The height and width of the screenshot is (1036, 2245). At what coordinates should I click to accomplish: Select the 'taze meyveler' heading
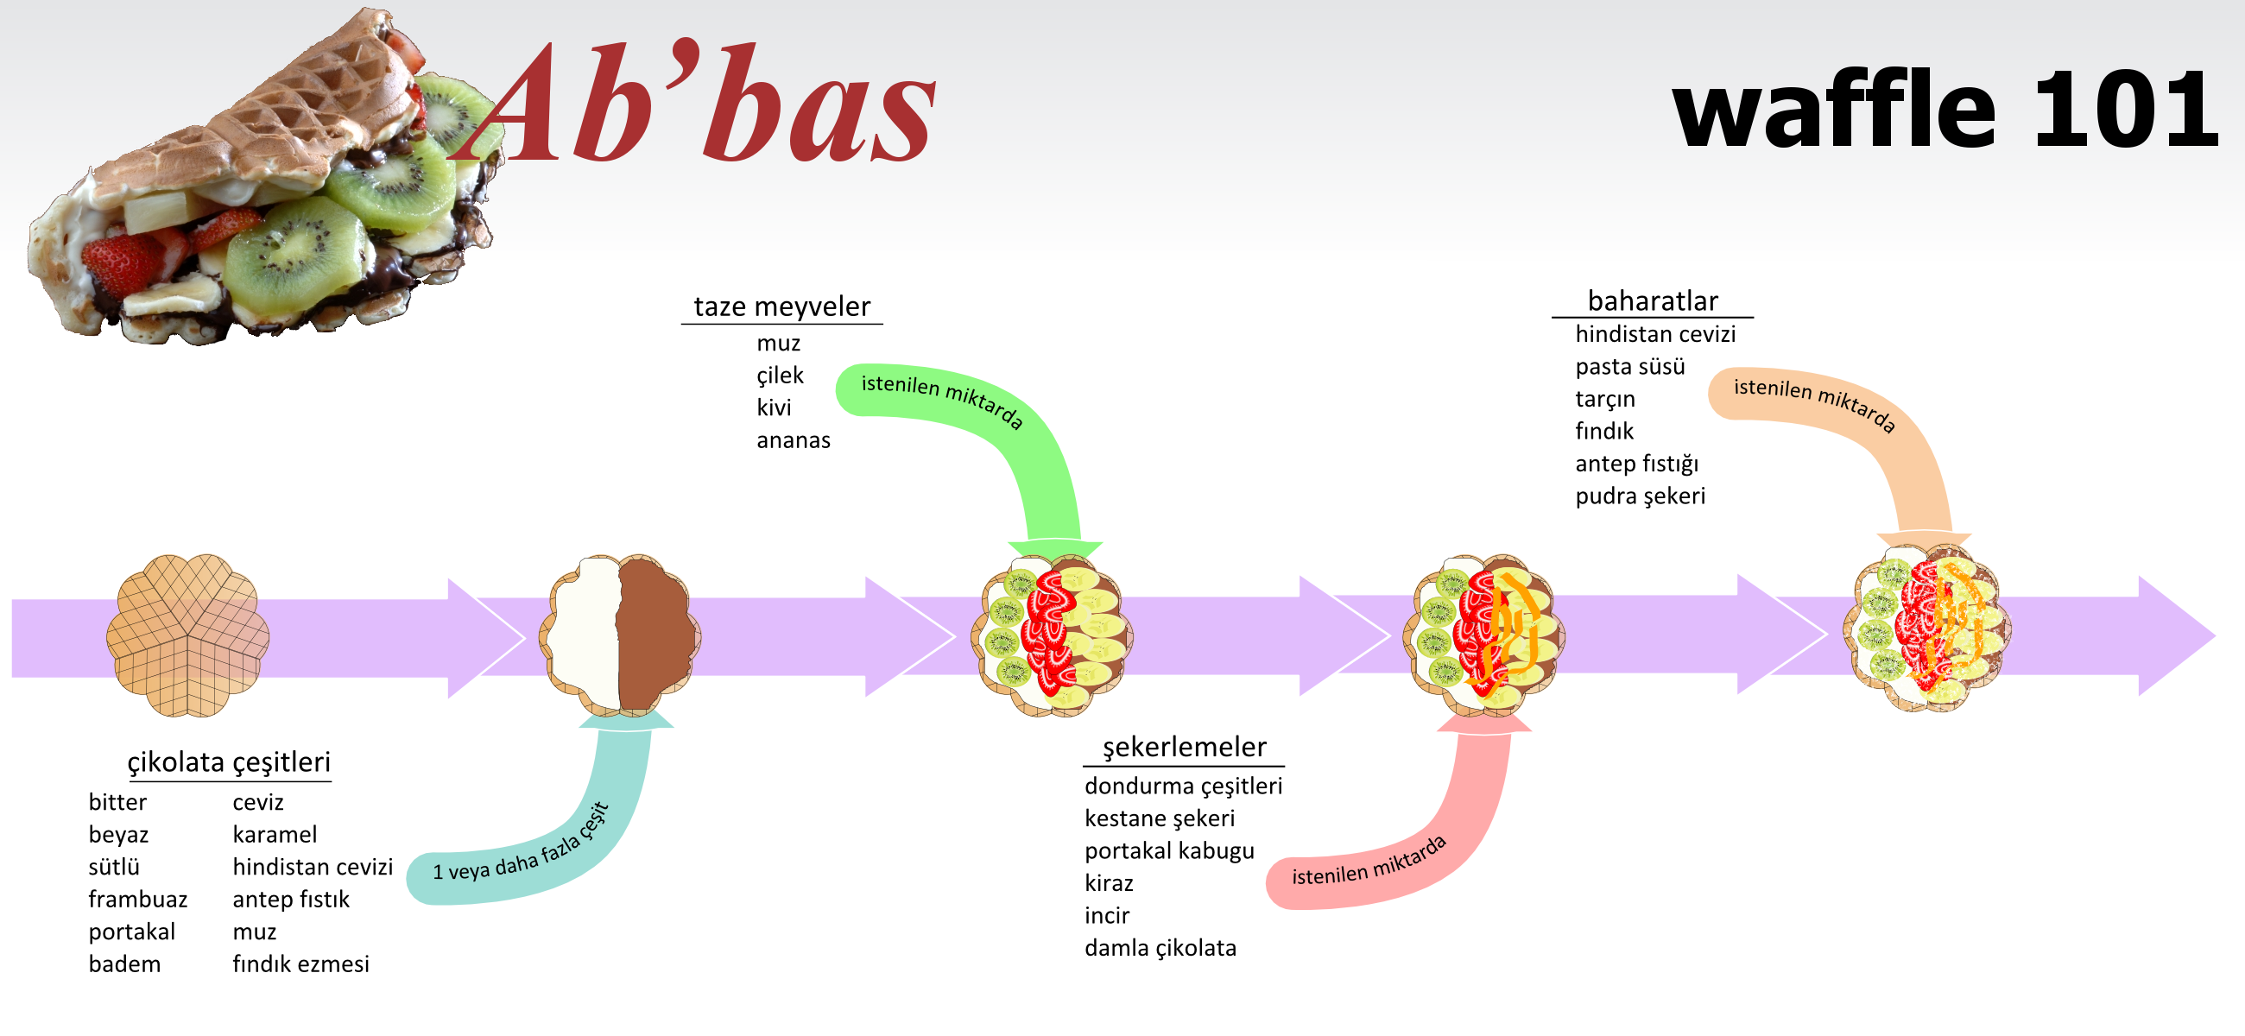point(781,306)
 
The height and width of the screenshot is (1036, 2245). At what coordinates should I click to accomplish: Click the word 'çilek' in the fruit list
point(780,375)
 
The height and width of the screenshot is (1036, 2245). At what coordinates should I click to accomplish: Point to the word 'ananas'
point(793,440)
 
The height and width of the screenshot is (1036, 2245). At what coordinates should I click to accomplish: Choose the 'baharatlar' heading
point(1653,300)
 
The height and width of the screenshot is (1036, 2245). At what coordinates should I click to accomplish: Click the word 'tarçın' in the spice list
point(1605,399)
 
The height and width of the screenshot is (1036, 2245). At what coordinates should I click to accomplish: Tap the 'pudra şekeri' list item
point(1641,496)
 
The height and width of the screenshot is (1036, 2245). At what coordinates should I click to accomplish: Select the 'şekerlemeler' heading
point(1185,747)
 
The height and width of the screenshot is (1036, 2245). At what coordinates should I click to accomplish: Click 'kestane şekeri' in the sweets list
point(1160,818)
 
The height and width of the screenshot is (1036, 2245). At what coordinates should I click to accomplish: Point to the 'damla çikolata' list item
point(1160,947)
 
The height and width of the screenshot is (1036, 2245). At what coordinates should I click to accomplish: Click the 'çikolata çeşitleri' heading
point(229,762)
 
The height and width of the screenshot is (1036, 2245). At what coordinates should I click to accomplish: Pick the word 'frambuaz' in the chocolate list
point(137,900)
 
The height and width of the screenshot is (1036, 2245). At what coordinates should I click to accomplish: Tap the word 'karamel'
point(275,835)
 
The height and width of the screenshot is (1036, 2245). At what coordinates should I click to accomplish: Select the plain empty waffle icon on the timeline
point(187,635)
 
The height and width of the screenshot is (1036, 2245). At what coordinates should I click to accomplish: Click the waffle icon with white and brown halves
point(620,635)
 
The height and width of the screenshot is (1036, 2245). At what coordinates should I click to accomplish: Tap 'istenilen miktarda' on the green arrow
point(942,400)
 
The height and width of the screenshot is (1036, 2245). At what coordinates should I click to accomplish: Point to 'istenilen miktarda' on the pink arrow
point(1369,862)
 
